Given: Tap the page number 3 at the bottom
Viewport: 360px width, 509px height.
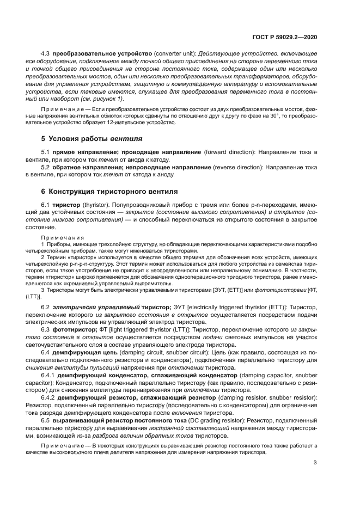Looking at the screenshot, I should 315,463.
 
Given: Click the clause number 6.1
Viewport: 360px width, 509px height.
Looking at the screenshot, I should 46,205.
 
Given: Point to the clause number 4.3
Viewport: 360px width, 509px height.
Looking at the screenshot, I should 46,54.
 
